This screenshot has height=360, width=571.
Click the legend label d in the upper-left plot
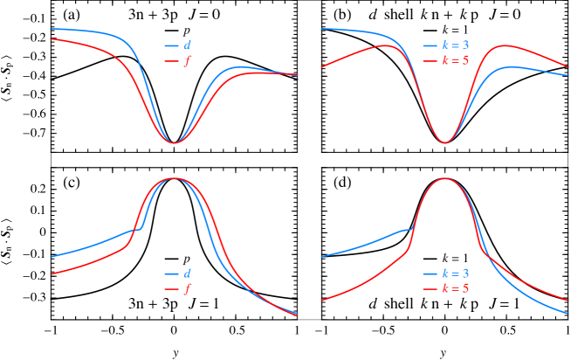pos(188,45)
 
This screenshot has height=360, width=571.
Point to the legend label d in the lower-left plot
pos(188,273)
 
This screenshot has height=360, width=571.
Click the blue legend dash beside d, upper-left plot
pos(171,45)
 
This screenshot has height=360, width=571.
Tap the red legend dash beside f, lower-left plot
pos(171,290)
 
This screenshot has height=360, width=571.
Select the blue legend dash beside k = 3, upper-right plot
pos(430,45)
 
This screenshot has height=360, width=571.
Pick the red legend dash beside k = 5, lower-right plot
pos(430,290)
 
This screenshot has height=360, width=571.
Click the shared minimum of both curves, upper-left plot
pos(175,142)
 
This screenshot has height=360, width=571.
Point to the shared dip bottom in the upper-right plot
pos(445,142)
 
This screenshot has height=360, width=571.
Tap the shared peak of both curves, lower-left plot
pos(175,178)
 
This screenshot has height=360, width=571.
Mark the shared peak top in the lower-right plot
pos(445,178)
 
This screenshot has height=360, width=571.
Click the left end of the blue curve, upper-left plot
pos(51,29)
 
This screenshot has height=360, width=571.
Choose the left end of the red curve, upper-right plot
pos(321,66)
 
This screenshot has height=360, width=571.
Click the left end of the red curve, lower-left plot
pos(51,274)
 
